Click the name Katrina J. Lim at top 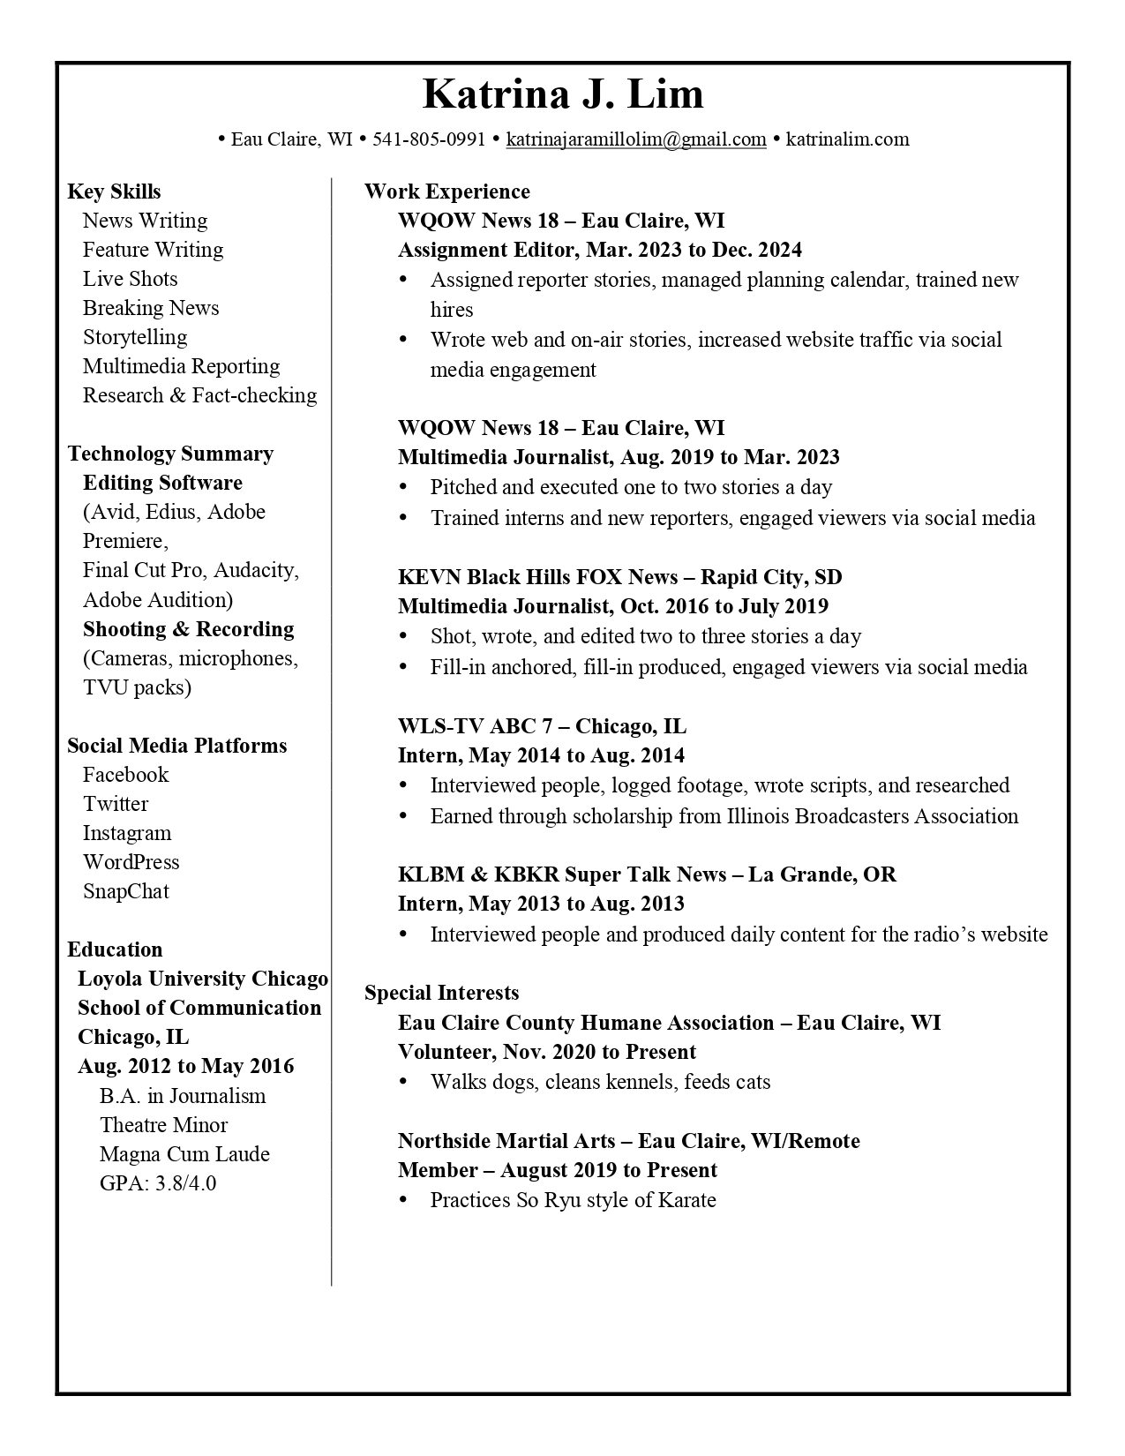563,94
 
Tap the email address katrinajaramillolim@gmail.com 635,139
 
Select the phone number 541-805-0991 429,139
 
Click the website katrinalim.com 847,139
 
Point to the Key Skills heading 114,191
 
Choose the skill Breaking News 151,308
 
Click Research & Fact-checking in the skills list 199,395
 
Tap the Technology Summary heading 170,454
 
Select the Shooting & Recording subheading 188,629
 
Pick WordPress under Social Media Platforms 131,862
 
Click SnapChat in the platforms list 125,891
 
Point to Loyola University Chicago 202,979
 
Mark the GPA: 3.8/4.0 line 157,1183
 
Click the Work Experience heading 446,191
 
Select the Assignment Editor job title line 599,250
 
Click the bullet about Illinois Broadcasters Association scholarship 724,816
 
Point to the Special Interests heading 441,993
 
